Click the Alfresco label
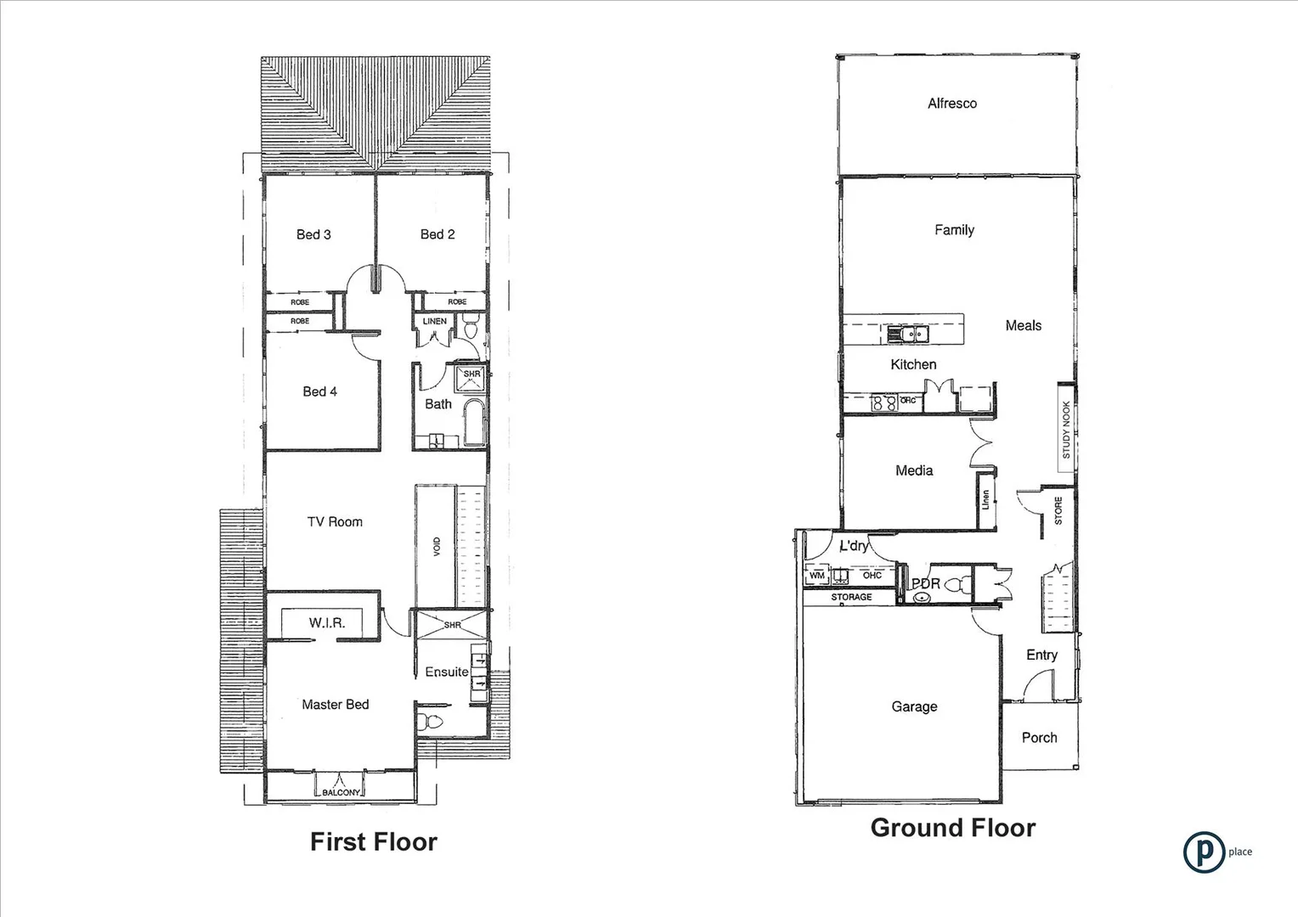pos(951,104)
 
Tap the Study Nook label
pos(1066,430)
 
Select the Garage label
pos(914,706)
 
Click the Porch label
pos(1039,738)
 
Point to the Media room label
pos(914,470)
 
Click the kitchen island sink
pos(907,335)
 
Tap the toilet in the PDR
pos(960,584)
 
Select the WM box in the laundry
pos(816,576)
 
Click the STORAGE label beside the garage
pos(851,597)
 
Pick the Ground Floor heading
pos(952,828)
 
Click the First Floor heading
pos(373,841)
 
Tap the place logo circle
pos(1203,852)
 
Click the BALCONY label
pos(341,792)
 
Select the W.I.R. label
pos(327,623)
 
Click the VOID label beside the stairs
pos(437,546)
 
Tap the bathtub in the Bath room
pos(473,423)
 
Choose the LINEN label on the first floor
pos(434,321)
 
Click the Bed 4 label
pos(319,391)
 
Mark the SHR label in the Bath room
pos(471,374)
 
